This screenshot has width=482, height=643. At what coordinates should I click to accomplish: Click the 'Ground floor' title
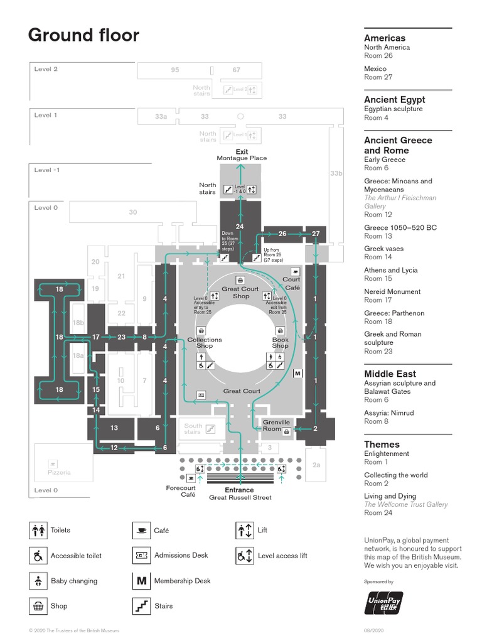coord(83,36)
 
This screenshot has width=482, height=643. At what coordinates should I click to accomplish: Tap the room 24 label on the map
coord(239,226)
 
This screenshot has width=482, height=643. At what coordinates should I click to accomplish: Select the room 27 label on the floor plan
coord(316,234)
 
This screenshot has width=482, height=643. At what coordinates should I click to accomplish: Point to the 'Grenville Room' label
coord(276,425)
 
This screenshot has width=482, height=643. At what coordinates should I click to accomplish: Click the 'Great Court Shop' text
coord(240,293)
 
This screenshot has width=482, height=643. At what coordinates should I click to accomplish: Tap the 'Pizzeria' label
coord(59,472)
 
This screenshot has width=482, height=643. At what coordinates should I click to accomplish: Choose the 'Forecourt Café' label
coord(181,491)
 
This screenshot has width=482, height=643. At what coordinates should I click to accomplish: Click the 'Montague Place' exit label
coord(242,158)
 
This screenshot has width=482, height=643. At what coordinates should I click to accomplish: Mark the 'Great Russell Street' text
coord(240,497)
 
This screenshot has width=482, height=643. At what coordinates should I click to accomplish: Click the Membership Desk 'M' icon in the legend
coord(141,581)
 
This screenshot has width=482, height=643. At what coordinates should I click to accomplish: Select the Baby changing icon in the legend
coord(38,581)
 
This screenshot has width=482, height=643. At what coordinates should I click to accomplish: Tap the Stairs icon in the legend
coord(141,606)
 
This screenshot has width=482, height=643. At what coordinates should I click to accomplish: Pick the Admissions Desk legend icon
coord(141,556)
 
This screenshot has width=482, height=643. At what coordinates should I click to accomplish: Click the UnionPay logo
coord(384,603)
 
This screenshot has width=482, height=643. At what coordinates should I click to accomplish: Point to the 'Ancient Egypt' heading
coord(394,99)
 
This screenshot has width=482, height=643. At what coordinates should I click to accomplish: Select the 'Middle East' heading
coord(390,374)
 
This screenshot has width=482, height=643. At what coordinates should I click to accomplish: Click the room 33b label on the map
coord(336,173)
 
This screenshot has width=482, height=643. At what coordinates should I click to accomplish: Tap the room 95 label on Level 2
coord(175,70)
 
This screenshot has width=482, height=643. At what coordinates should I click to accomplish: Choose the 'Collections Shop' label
coord(205,343)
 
